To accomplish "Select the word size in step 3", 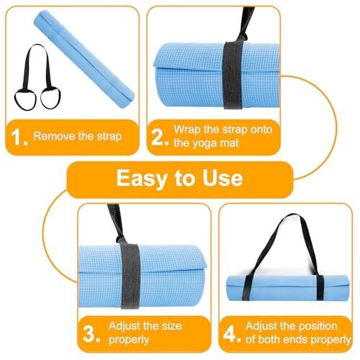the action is (171, 326).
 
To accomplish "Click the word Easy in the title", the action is (141, 179).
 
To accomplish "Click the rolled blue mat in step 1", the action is (84, 59).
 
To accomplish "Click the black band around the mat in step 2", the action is (233, 75).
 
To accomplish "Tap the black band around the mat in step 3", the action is (130, 276).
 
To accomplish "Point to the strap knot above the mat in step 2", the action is (240, 38).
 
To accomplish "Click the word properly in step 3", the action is (129, 340).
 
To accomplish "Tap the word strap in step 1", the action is (109, 137).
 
